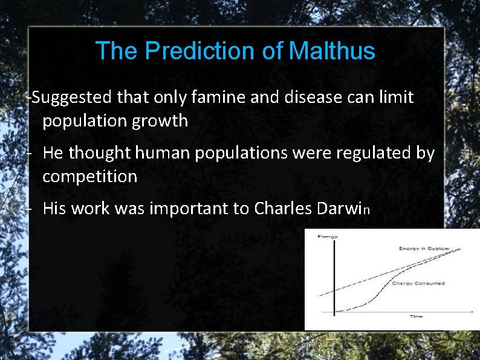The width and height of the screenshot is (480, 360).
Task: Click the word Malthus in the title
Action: tap(332, 51)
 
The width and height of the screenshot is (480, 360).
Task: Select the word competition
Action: tap(90, 177)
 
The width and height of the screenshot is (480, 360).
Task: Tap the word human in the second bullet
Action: tap(162, 153)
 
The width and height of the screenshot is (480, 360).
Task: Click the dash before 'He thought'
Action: tap(29, 153)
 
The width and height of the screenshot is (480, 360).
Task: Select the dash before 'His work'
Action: tap(29, 209)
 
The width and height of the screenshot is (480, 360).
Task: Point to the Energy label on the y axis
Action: tap(328, 237)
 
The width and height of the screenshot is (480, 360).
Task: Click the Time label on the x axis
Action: tap(416, 316)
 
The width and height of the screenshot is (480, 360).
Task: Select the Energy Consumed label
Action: tap(418, 283)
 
